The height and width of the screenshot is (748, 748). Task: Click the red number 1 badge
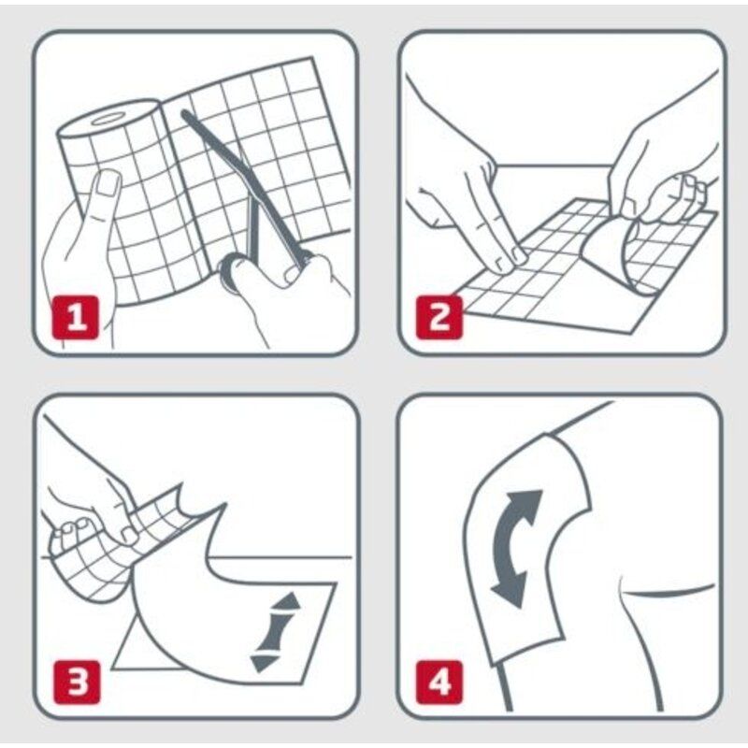tap(76, 318)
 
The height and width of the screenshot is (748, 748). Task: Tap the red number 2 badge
tap(439, 318)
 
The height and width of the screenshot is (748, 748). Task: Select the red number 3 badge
tap(78, 683)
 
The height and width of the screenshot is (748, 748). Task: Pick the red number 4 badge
tap(439, 683)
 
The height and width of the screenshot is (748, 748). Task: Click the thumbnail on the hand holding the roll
tap(108, 183)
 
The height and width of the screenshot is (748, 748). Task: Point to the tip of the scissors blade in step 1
tap(184, 113)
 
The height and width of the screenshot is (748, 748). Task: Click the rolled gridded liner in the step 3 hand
tap(109, 549)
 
